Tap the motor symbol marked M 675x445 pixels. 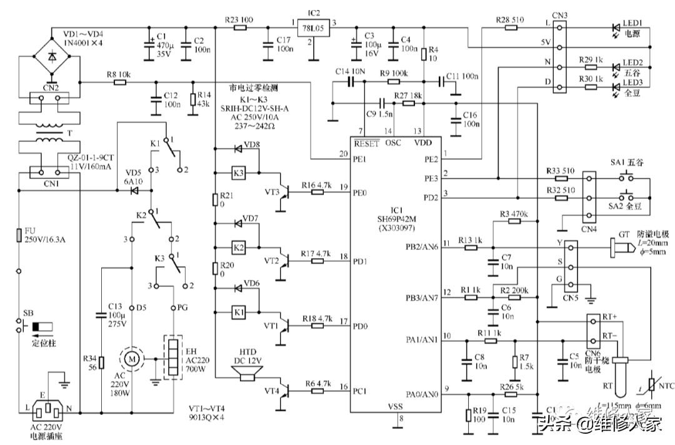pyautogui.click(x=132, y=359)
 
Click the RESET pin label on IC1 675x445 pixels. pyautogui.click(x=366, y=143)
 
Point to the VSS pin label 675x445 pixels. pyautogui.click(x=395, y=406)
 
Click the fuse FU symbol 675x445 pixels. pyautogui.click(x=19, y=235)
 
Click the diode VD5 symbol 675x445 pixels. pyautogui.click(x=131, y=188)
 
